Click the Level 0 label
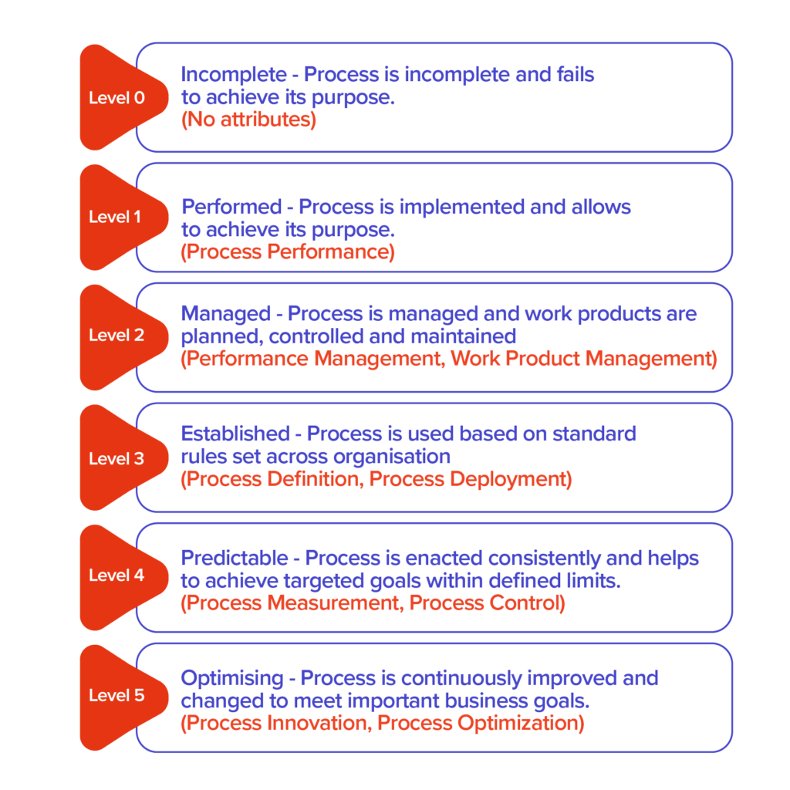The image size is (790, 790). coord(117,98)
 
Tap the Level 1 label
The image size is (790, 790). coord(115,217)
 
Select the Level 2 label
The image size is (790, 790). coord(116,335)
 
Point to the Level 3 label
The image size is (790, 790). coord(116,458)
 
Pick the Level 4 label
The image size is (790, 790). coord(116,575)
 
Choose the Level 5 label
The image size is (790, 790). coord(116,695)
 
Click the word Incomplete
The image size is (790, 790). coord(234,75)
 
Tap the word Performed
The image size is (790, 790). coord(231,207)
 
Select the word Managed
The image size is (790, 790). coord(226,314)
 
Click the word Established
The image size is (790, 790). coord(236,434)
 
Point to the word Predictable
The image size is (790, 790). coord(235,558)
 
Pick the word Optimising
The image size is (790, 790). coord(232,679)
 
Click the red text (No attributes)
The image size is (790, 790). coord(249,120)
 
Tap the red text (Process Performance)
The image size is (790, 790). coord(288,252)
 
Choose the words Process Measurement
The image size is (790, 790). coord(293,603)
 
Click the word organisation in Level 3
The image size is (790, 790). coord(392,457)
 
